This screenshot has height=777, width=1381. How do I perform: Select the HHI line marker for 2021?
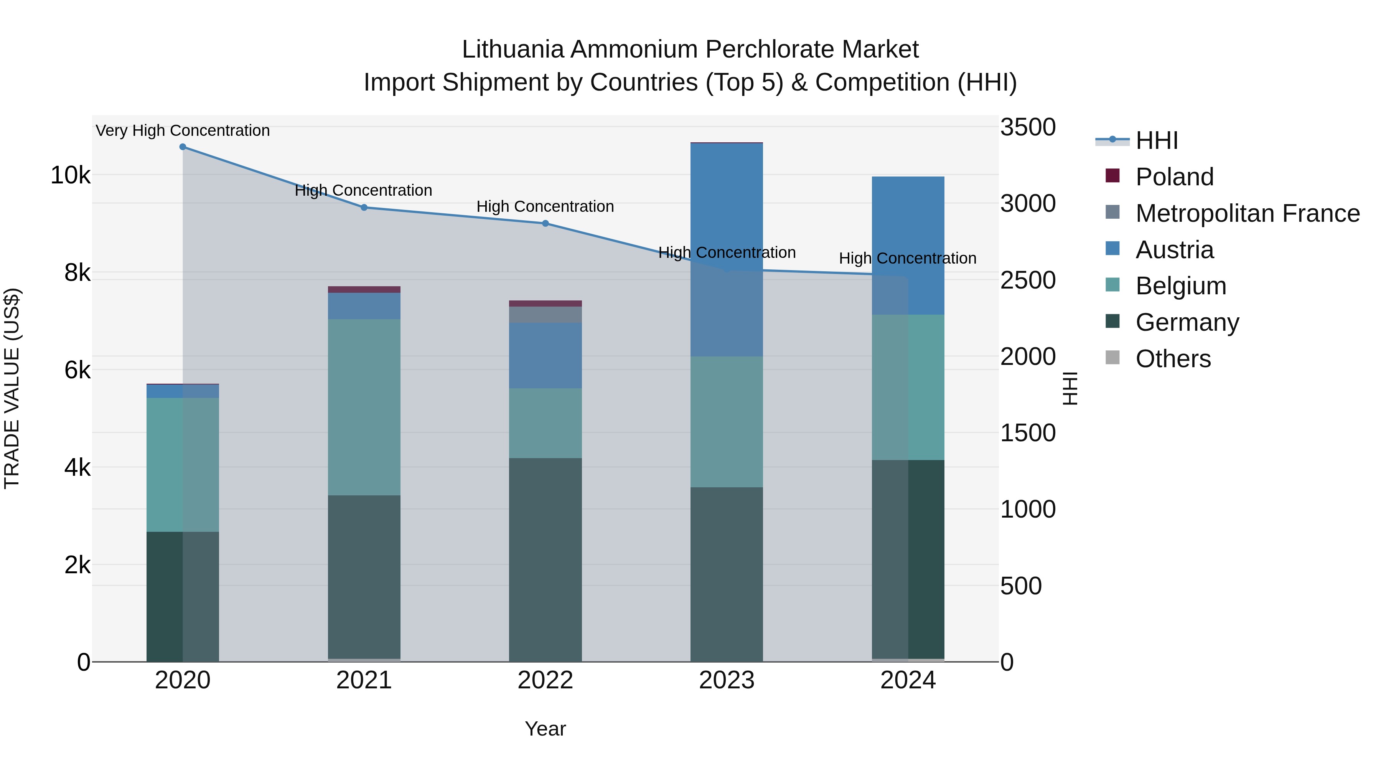click(x=364, y=208)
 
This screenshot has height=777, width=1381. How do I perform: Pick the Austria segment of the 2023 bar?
click(x=727, y=249)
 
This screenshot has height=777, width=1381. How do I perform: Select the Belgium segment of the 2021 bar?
click(x=364, y=407)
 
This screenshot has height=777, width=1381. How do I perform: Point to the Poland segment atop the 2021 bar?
click(x=364, y=290)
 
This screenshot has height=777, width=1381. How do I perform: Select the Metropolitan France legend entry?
click(x=1247, y=213)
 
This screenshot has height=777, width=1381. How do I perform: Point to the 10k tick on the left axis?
click(x=70, y=175)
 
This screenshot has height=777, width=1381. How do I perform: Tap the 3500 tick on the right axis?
click(x=1027, y=128)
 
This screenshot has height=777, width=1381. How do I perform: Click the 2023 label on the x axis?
click(x=727, y=680)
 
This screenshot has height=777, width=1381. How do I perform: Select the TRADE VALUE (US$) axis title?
click(x=12, y=388)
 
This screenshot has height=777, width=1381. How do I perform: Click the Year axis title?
click(x=545, y=729)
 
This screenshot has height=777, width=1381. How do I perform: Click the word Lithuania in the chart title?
click(x=513, y=49)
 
